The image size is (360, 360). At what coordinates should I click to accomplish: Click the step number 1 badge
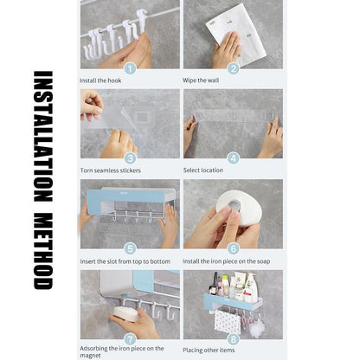tap(130, 68)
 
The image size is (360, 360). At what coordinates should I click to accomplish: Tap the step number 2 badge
tap(233, 68)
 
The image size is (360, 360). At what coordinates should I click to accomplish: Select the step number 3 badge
tap(130, 158)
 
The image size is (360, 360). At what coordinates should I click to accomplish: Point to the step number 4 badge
tap(233, 158)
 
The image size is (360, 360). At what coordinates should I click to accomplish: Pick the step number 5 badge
tap(130, 248)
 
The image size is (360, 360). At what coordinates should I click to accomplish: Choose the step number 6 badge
tap(233, 248)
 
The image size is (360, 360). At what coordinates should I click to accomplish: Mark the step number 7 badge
tap(130, 339)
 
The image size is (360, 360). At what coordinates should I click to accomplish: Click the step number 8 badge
tap(233, 339)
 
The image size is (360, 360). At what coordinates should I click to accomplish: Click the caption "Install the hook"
tap(100, 80)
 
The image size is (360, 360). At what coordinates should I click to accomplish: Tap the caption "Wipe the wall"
tap(201, 80)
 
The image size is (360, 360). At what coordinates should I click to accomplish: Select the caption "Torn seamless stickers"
tap(111, 170)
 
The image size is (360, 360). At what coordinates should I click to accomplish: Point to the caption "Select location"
tap(203, 170)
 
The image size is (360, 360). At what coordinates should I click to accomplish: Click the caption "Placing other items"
tap(209, 350)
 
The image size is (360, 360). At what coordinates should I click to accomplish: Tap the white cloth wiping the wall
tap(236, 35)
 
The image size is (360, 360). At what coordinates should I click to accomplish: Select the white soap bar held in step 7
tap(126, 314)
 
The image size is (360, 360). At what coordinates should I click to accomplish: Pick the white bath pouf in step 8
tap(256, 329)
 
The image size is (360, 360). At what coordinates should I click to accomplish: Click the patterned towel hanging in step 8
tap(228, 322)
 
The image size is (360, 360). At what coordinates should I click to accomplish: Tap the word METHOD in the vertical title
tap(43, 251)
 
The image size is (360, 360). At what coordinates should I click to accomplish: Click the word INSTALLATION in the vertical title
tap(43, 136)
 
